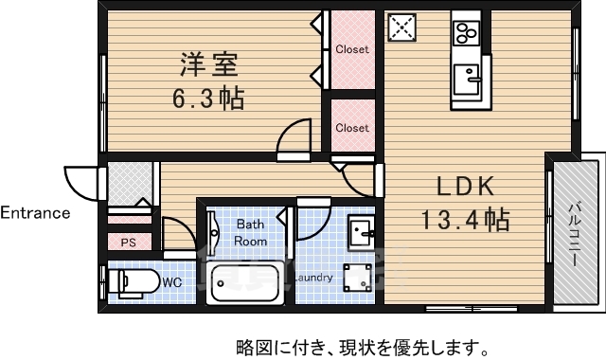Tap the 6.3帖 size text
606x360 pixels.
(207, 98)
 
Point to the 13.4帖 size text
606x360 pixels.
(465, 221)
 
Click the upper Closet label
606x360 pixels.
(352, 49)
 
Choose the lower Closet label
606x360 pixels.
(352, 127)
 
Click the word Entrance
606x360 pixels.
(35, 212)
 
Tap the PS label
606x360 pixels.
(127, 243)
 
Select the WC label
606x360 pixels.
(171, 281)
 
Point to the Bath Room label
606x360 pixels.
(251, 232)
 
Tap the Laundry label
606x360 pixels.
(312, 279)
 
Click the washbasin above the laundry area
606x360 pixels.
(360, 230)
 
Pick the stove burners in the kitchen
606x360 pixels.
(465, 33)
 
